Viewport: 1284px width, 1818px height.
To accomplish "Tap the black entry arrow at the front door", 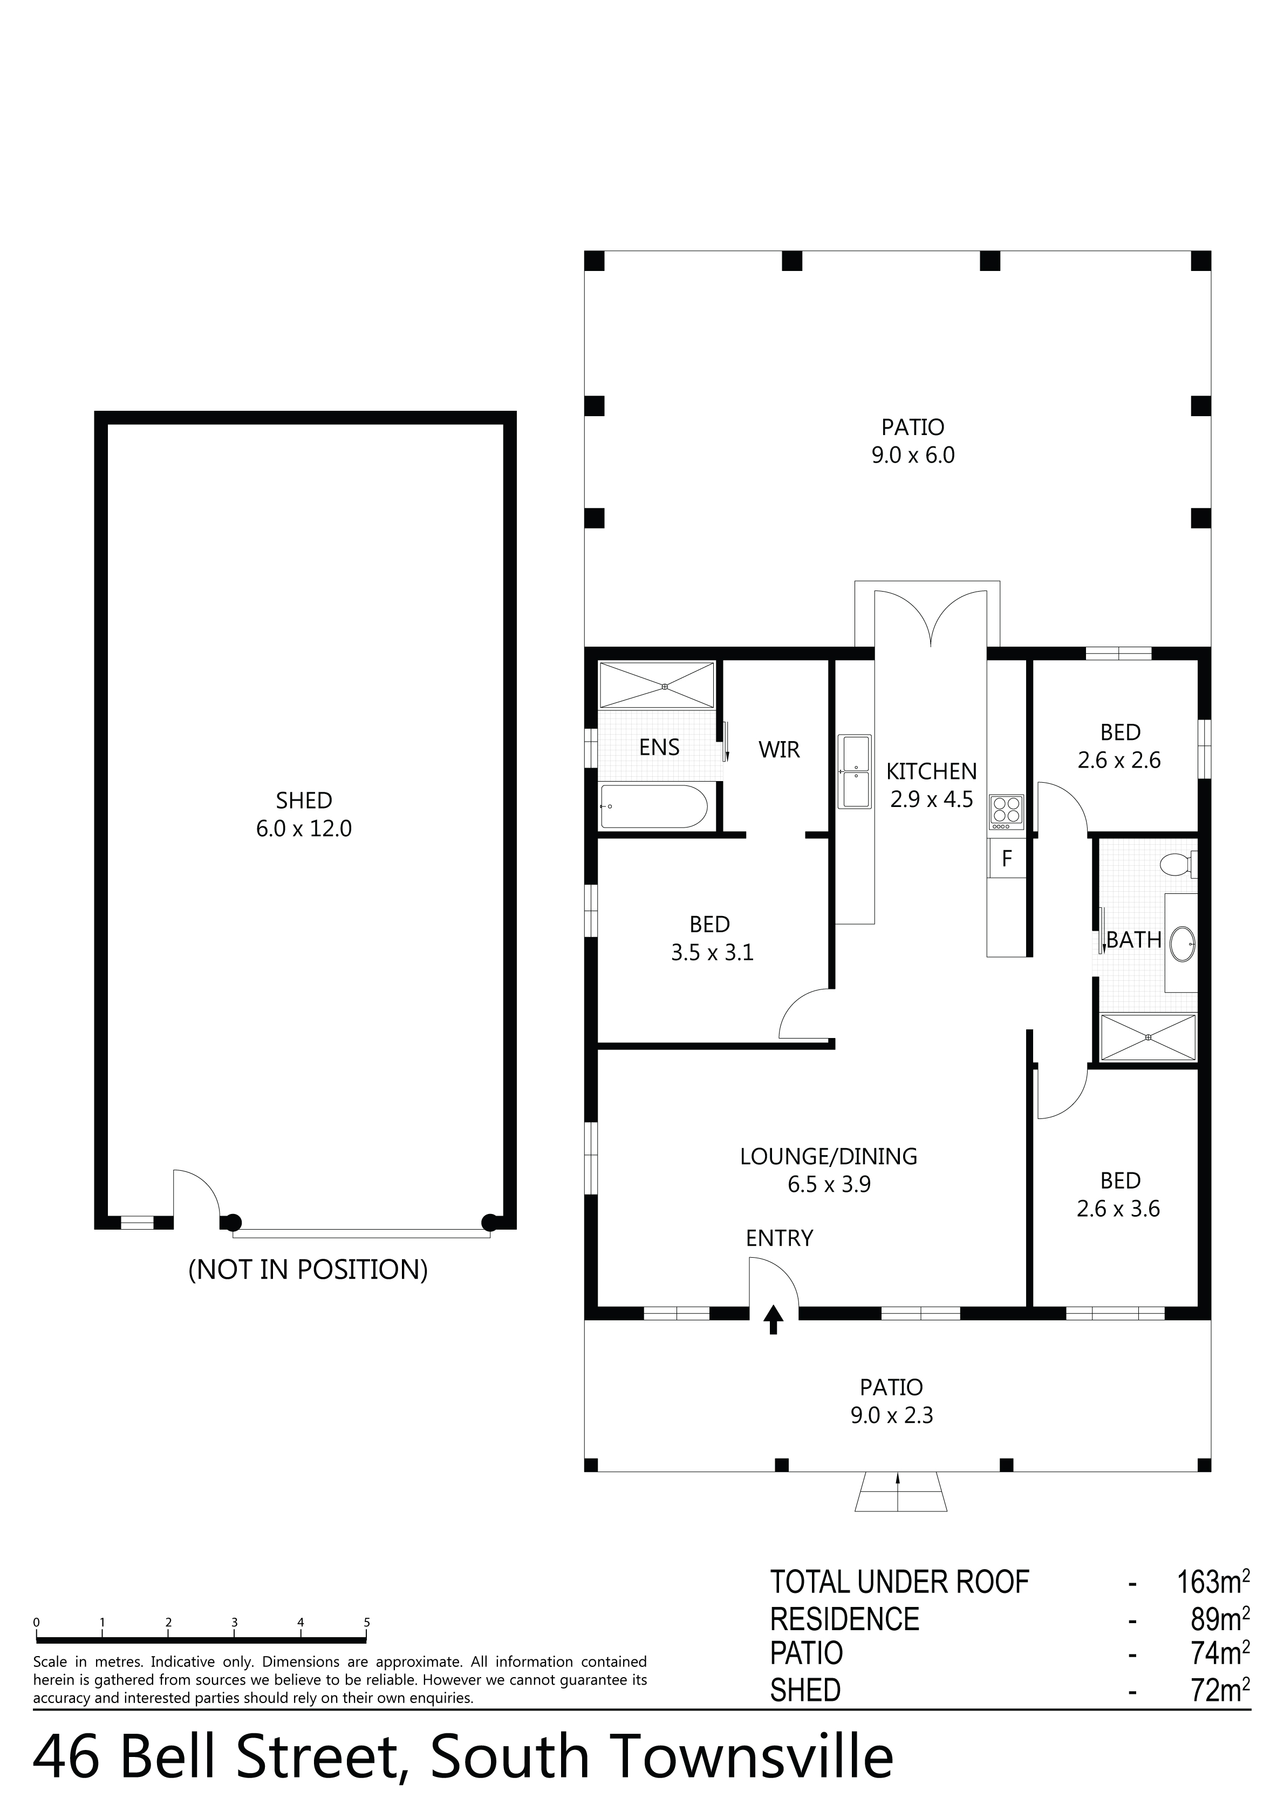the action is click(774, 1320).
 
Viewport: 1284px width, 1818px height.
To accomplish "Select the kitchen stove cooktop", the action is click(1006, 812).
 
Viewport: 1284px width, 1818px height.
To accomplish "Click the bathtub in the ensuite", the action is click(653, 806).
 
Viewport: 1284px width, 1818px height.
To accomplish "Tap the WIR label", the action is click(779, 749).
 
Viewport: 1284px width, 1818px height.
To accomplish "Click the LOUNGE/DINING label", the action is click(829, 1157).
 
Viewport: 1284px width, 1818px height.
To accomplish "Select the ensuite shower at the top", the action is click(657, 686).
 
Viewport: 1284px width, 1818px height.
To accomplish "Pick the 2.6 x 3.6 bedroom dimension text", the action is click(1118, 1209).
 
